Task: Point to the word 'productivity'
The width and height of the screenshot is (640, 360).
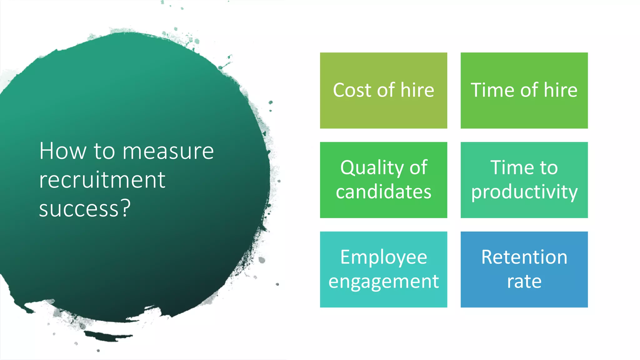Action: tap(524, 192)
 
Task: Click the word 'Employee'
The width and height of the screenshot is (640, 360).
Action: tap(383, 258)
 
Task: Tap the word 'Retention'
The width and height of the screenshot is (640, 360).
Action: tap(524, 257)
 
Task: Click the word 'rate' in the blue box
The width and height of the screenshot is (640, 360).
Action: tap(524, 282)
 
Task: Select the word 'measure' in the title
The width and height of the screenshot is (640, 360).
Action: tap(168, 151)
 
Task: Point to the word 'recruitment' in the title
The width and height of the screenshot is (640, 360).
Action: tap(102, 180)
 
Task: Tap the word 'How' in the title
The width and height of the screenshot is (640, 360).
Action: tap(62, 151)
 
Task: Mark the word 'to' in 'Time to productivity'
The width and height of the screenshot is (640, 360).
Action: tap(548, 167)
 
